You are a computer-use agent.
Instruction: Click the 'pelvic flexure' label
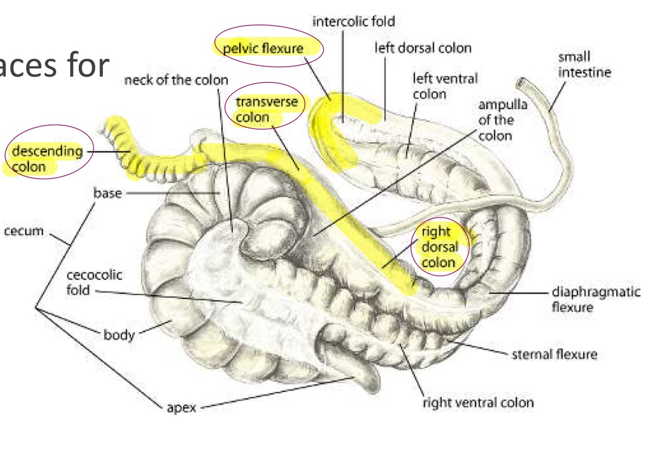pos(263,48)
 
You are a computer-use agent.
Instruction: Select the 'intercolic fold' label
pos(354,22)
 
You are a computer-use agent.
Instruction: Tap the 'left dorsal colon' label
pos(423,48)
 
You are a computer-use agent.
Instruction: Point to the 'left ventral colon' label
pos(445,86)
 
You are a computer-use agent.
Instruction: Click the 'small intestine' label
pos(584,65)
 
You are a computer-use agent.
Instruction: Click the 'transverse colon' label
pos(266,109)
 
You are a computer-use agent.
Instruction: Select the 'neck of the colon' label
pos(176,80)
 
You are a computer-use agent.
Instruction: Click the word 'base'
pos(107,193)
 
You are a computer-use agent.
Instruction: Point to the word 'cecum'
pos(24,230)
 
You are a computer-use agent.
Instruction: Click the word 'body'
pos(119,335)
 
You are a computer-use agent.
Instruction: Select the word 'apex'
pos(181,407)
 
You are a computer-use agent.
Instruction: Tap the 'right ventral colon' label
pos(478,402)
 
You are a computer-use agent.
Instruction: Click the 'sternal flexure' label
pos(555,354)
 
